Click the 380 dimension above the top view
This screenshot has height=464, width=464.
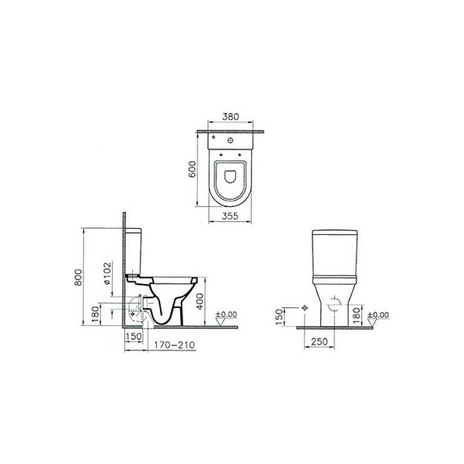230,117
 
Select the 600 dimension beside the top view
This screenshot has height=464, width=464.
193,169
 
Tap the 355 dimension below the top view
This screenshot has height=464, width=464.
230,216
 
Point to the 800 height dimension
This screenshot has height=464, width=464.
78,277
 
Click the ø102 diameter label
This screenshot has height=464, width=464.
107,273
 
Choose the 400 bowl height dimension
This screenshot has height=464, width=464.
200,301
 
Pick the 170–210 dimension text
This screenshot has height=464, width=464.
175,345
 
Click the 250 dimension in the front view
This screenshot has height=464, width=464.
320,342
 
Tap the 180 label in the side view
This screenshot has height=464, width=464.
95,314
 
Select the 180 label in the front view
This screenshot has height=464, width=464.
357,315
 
